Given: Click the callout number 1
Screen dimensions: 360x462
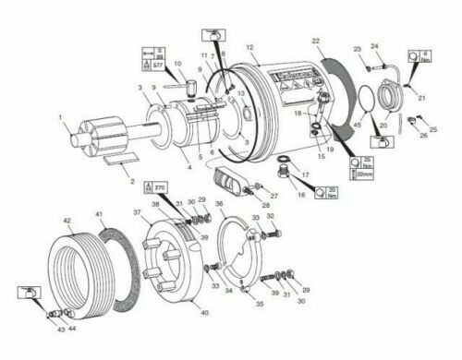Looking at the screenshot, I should coord(61,117).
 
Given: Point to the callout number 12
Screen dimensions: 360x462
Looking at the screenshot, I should coord(249,46).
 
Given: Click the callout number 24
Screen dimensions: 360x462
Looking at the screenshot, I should coord(374,46).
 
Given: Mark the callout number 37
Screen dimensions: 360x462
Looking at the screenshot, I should coord(137,211).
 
